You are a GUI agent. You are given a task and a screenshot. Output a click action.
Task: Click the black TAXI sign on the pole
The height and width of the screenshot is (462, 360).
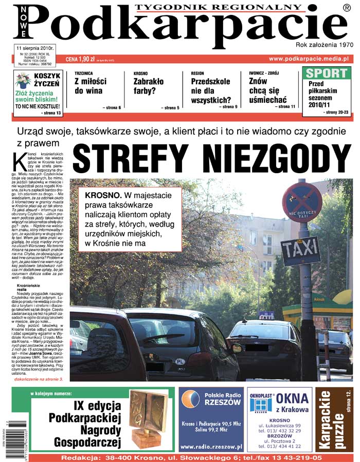click(300, 250)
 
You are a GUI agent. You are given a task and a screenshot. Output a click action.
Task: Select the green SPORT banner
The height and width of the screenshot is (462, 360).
click(326, 72)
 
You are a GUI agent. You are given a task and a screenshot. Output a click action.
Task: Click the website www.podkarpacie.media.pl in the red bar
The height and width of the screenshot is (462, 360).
click(309, 59)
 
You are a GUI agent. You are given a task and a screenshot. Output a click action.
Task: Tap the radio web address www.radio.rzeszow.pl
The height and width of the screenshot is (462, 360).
click(211, 447)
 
